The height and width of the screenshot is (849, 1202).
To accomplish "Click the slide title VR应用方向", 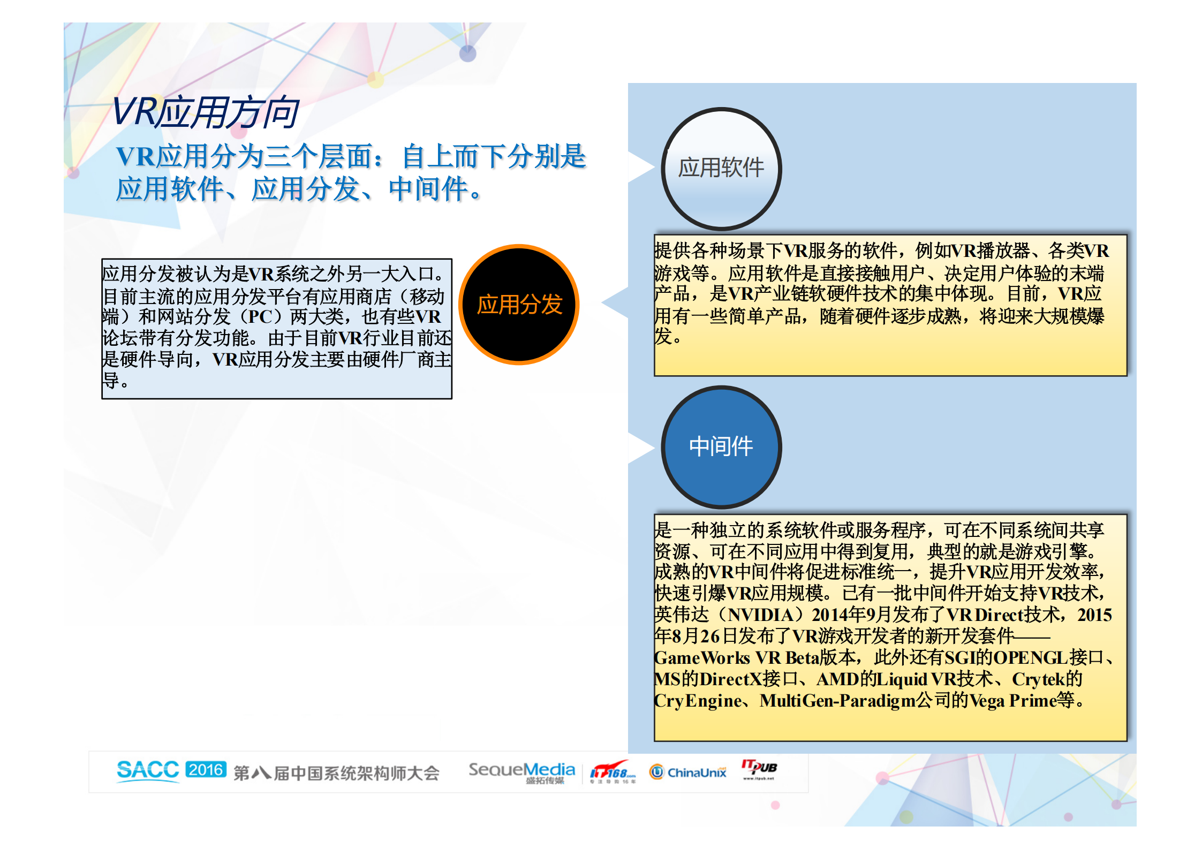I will [205, 112].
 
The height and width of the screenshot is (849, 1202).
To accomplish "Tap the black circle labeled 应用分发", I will [519, 305].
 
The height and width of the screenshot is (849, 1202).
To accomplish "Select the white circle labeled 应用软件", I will [721, 169].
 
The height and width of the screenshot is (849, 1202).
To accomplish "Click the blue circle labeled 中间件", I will [721, 447].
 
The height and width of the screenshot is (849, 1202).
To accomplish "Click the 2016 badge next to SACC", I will [206, 769].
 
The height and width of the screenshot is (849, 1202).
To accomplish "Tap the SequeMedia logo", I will [521, 771].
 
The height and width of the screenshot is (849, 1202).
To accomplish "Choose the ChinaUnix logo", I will [688, 772].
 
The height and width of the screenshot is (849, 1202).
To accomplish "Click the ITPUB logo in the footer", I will [759, 769].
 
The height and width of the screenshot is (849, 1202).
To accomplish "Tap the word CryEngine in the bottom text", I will [698, 700].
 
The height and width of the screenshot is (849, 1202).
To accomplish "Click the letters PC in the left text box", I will [261, 317].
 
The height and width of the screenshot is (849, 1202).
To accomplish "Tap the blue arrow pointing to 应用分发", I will [616, 303].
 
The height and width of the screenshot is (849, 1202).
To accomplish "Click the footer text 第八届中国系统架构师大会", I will [336, 773].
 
